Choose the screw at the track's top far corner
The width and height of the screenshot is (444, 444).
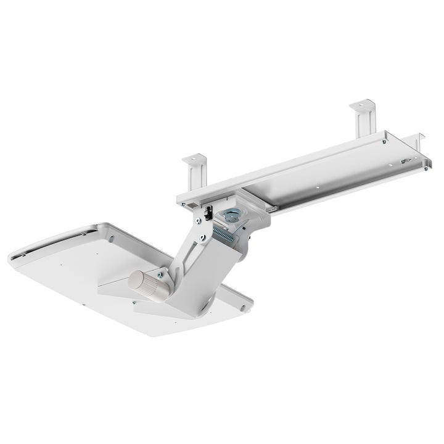click(x=384, y=141)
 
